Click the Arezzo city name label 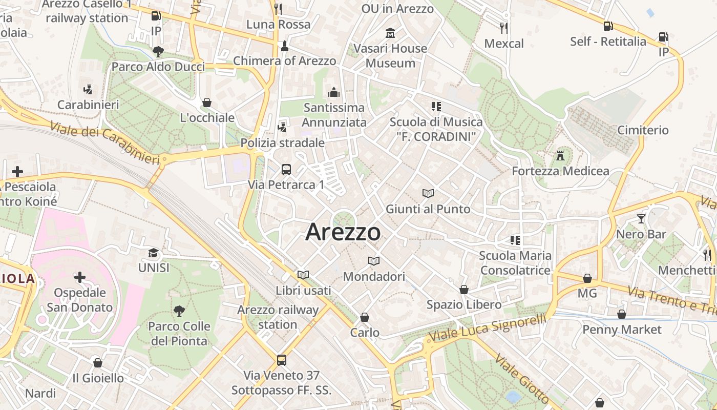click(x=343, y=232)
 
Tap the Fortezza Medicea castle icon click(x=560, y=155)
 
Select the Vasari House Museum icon click(x=390, y=33)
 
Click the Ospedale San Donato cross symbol click(x=79, y=278)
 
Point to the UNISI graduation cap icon click(x=153, y=253)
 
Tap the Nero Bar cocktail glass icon click(x=641, y=219)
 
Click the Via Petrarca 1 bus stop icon click(x=286, y=169)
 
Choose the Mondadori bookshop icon click(x=374, y=261)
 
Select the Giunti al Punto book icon click(x=428, y=193)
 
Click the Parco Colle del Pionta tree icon click(x=179, y=310)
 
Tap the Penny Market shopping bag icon click(x=621, y=314)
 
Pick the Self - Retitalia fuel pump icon click(x=608, y=26)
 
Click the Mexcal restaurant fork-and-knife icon click(x=504, y=28)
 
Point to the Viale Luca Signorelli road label click(x=487, y=328)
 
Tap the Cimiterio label click(x=643, y=130)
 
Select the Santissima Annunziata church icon click(x=334, y=92)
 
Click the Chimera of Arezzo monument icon click(x=285, y=46)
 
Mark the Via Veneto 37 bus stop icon click(x=281, y=360)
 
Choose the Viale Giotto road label click(x=522, y=380)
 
